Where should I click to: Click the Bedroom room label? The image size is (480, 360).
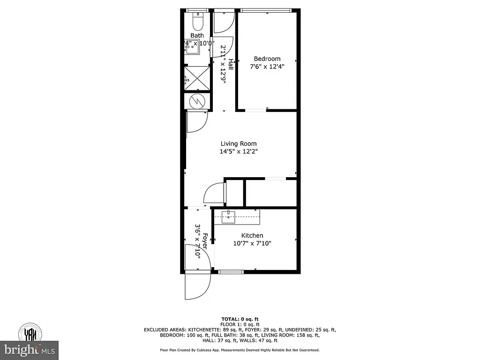[x=267, y=59]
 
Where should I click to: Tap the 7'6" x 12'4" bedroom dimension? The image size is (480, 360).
[x=267, y=67]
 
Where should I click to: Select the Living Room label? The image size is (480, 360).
[x=239, y=144]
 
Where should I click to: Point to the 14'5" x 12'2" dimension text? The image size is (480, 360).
[x=239, y=151]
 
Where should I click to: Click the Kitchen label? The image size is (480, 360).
[x=252, y=235]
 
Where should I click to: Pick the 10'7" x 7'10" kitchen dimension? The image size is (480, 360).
[x=252, y=243]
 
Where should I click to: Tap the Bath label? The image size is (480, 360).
[x=197, y=36]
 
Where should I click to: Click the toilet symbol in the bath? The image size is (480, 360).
[x=197, y=21]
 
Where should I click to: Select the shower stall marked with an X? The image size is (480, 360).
[x=197, y=78]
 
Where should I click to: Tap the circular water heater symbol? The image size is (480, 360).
[x=197, y=100]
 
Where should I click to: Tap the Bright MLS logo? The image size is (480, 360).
[x=29, y=350]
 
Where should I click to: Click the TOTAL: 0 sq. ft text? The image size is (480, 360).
[x=240, y=319]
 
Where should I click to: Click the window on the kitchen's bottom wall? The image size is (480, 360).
[x=231, y=271]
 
